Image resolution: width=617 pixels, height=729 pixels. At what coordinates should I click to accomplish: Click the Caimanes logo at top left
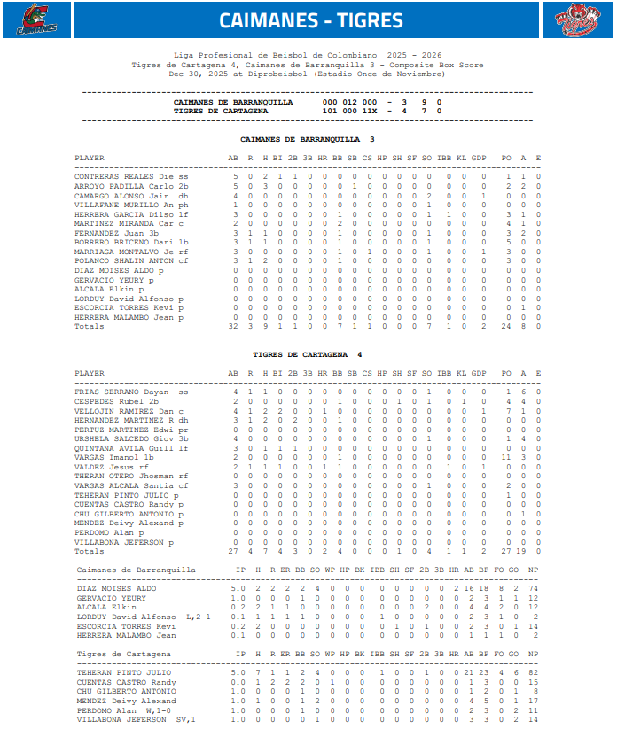click(36, 20)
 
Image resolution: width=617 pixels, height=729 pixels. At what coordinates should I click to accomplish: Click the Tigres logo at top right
click(578, 20)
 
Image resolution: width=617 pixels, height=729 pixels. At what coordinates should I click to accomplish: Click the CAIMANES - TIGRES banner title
click(310, 20)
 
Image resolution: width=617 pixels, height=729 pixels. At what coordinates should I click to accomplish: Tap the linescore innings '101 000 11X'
click(349, 111)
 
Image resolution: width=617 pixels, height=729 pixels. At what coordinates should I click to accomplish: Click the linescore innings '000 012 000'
click(349, 102)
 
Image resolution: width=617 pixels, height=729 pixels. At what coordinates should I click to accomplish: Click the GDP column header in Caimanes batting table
click(479, 158)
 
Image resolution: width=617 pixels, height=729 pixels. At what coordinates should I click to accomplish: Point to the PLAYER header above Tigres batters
click(89, 373)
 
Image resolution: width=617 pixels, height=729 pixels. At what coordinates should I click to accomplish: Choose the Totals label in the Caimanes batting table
click(89, 326)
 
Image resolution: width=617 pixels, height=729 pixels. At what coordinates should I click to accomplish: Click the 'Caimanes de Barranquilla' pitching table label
click(137, 570)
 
